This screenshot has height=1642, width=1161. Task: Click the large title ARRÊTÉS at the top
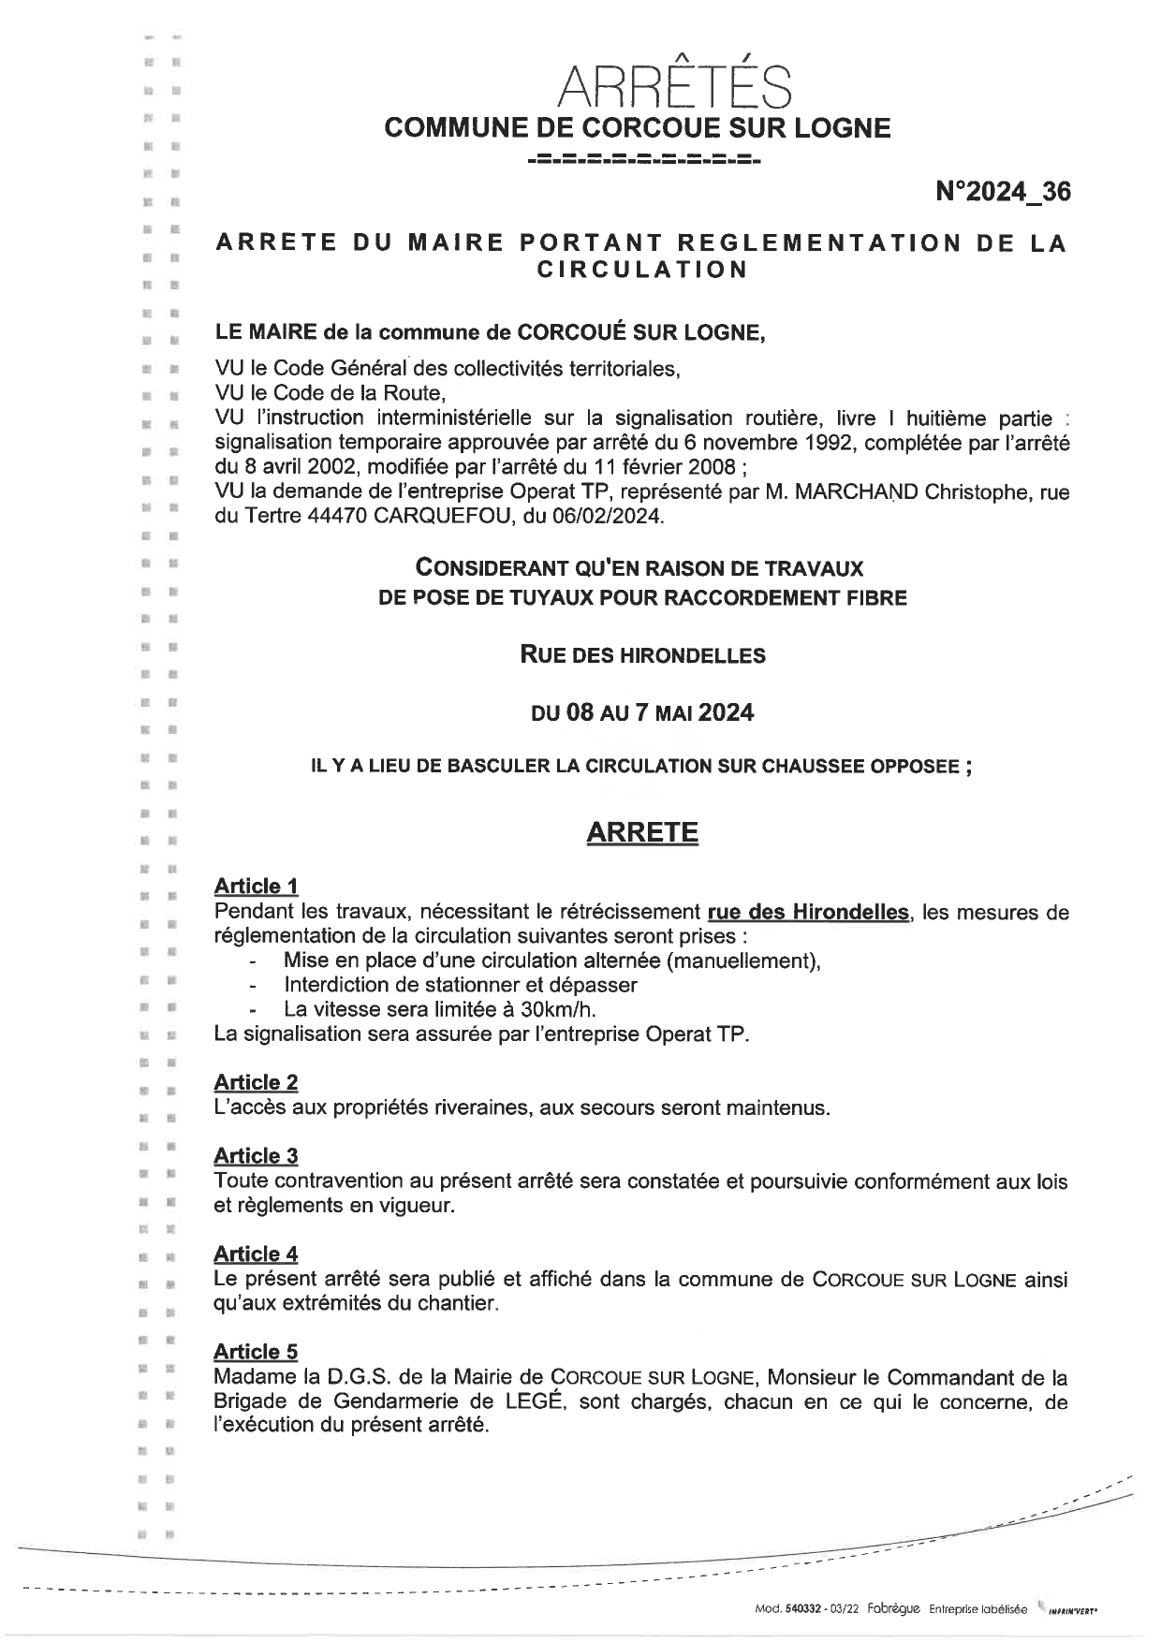tap(673, 86)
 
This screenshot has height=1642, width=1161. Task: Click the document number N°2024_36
tap(1003, 192)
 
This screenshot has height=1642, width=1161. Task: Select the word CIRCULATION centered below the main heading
tap(641, 270)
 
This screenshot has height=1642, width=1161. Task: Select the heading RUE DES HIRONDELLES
tap(642, 655)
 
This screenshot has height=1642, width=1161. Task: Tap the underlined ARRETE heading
tap(642, 832)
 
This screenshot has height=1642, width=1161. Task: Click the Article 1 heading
tap(256, 886)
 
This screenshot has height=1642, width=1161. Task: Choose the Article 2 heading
tap(256, 1082)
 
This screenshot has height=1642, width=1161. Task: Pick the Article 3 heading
tap(256, 1156)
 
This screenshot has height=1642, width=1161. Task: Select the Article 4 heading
tap(256, 1253)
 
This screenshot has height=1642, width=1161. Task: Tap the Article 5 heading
tap(256, 1352)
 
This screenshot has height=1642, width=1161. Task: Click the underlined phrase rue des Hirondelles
tap(808, 912)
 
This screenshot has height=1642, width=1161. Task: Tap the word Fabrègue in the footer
tap(893, 1609)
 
